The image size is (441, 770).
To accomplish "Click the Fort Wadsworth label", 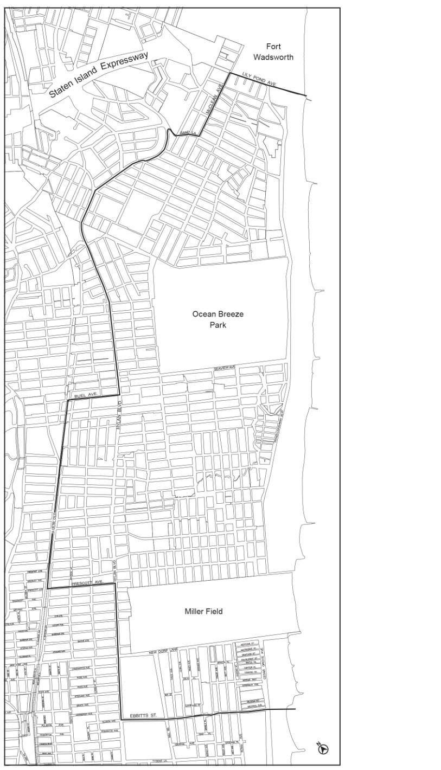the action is point(273,52).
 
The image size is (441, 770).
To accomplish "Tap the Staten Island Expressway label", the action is point(99,74).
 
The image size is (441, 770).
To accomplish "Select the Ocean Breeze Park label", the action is point(218,319).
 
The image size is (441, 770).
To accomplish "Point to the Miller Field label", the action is point(203,611).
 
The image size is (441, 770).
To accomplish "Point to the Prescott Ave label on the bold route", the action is point(87,582).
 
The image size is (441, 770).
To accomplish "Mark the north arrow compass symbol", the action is point(324,748).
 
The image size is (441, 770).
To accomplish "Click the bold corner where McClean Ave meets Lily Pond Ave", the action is point(228,73).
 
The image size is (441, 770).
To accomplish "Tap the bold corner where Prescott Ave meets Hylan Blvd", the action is point(116,583).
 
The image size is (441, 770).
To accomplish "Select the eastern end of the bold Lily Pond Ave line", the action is point(306,96).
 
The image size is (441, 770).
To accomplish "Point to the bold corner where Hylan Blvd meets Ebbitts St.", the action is point(119,719).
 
